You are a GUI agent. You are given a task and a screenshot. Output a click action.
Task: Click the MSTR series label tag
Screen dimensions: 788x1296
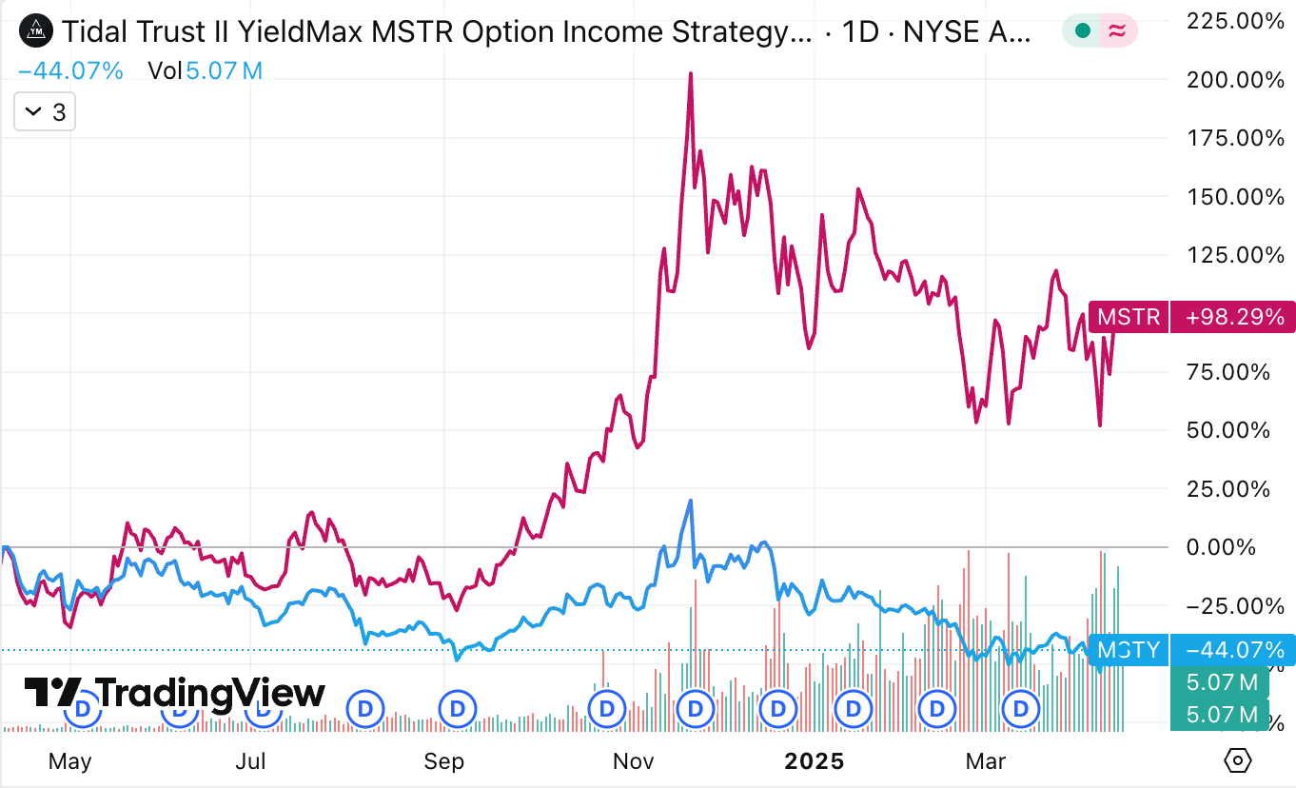pos(1129,316)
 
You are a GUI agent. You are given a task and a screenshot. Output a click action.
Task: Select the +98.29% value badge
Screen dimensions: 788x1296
pos(1232,316)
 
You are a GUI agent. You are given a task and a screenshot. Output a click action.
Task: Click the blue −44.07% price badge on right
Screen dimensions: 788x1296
pos(1232,650)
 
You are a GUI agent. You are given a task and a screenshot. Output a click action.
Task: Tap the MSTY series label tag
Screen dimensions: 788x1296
pos(1129,650)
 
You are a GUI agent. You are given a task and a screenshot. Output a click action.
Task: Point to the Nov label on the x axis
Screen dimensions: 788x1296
pos(633,761)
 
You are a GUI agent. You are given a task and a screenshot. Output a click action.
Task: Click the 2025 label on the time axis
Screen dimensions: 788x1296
pos(814,761)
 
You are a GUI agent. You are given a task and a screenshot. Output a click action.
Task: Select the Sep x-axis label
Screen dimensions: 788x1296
pos(444,761)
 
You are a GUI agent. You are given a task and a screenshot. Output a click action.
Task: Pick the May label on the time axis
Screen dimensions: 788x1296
pos(69,761)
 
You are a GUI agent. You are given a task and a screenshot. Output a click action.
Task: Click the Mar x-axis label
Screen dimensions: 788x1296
pos(986,761)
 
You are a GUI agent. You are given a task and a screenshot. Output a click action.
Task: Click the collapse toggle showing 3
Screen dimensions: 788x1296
pos(45,112)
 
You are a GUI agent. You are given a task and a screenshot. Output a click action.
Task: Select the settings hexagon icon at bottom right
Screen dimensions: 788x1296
pos(1238,760)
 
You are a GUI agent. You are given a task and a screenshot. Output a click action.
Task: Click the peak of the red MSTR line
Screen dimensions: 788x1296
pos(690,73)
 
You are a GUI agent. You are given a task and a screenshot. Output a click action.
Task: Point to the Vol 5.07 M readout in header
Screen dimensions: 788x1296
pos(205,69)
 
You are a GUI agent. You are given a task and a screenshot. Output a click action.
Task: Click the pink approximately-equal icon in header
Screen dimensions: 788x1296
pos(1118,31)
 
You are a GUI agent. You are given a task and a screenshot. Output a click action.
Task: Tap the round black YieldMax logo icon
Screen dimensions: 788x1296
pos(36,31)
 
